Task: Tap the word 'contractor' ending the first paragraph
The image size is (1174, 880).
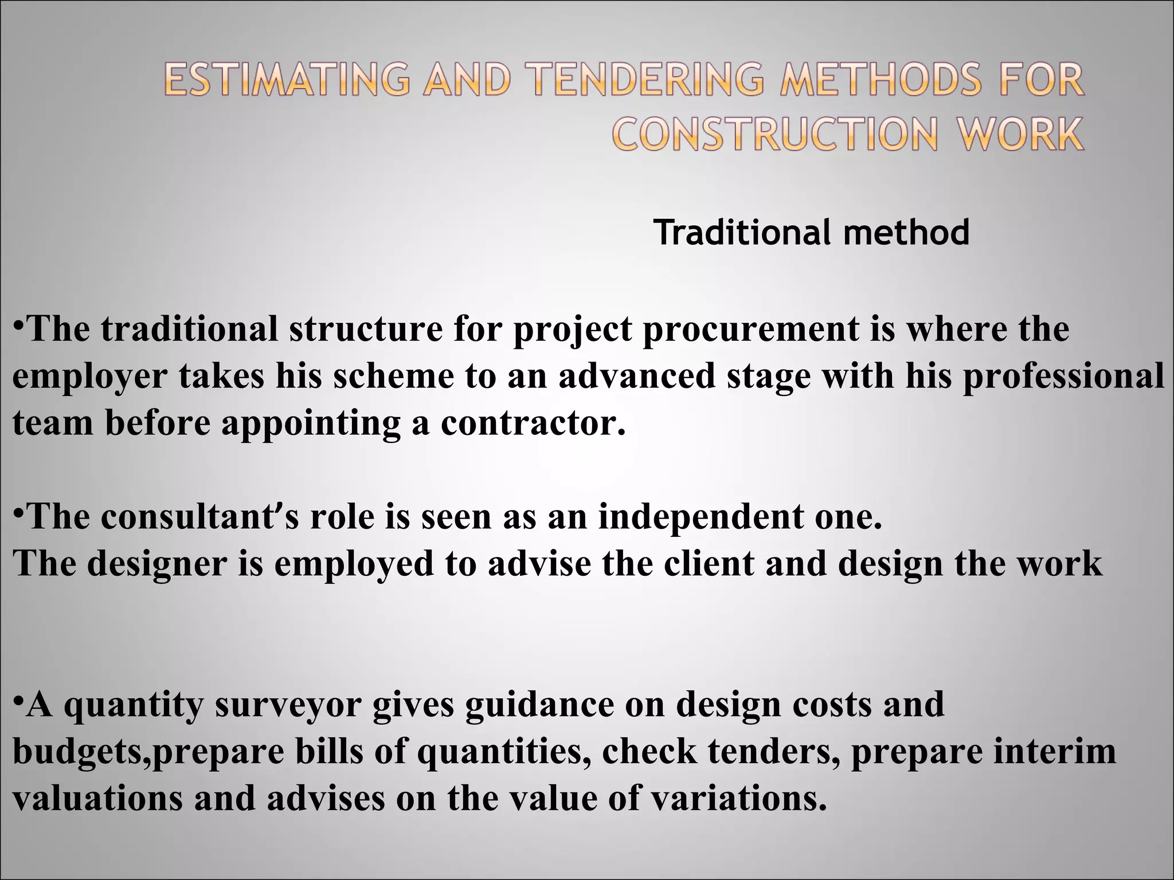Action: click(533, 423)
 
